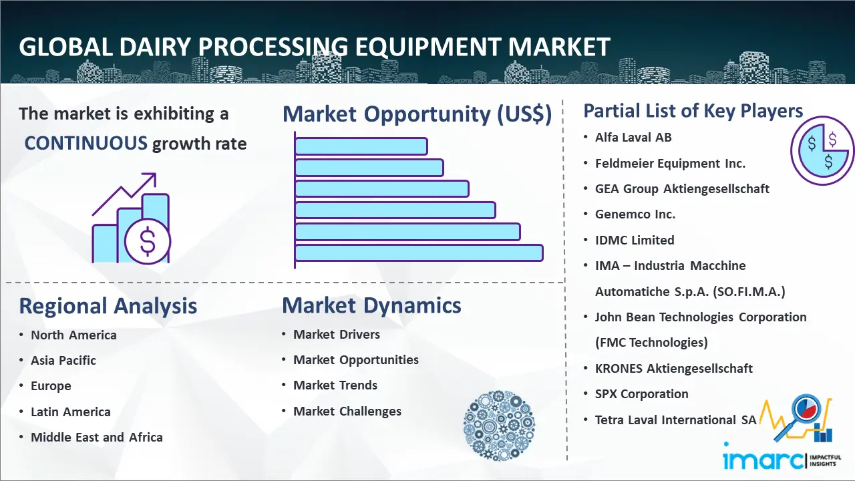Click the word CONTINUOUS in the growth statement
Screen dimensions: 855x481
(86, 144)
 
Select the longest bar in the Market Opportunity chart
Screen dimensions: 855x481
(419, 253)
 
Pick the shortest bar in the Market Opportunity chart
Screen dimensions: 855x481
(361, 146)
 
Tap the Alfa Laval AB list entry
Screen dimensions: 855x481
(633, 138)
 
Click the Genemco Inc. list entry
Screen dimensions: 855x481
(635, 214)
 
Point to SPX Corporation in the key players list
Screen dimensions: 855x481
(642, 393)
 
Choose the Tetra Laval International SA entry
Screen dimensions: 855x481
(675, 420)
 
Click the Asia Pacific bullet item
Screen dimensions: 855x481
(63, 360)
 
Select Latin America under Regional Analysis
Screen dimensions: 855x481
(71, 412)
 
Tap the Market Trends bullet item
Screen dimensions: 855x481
(335, 385)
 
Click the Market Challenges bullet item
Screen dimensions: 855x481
(347, 411)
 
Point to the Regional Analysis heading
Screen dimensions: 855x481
(108, 306)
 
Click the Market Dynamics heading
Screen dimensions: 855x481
(371, 305)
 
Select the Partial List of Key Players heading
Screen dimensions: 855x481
(693, 111)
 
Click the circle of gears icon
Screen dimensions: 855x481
(499, 425)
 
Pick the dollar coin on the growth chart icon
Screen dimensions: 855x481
(148, 242)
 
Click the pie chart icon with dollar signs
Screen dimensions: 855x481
(822, 151)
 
